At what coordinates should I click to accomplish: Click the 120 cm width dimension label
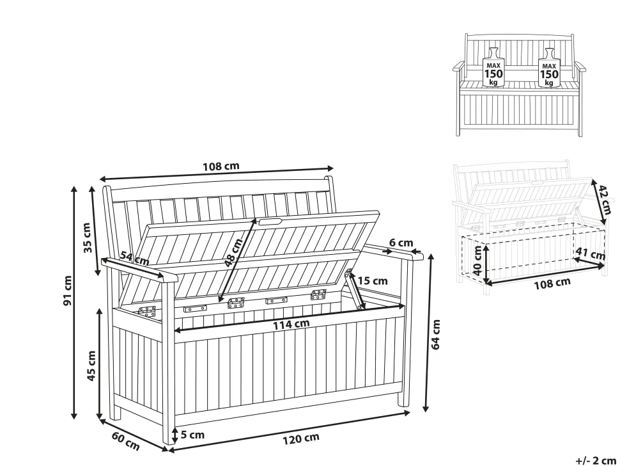[x=301, y=438]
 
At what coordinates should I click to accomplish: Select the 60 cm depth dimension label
[x=125, y=441]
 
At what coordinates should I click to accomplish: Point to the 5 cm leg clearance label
[x=192, y=435]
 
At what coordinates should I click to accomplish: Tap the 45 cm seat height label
[x=91, y=366]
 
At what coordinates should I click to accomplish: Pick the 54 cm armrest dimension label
[x=134, y=259]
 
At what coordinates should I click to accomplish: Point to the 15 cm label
[x=372, y=280]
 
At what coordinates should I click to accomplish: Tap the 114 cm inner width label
[x=291, y=325]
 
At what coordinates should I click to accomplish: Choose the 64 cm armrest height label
[x=437, y=334]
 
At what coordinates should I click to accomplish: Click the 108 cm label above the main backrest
[x=221, y=166]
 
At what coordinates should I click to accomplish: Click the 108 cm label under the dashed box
[x=552, y=284]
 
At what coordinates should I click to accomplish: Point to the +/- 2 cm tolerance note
[x=596, y=460]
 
